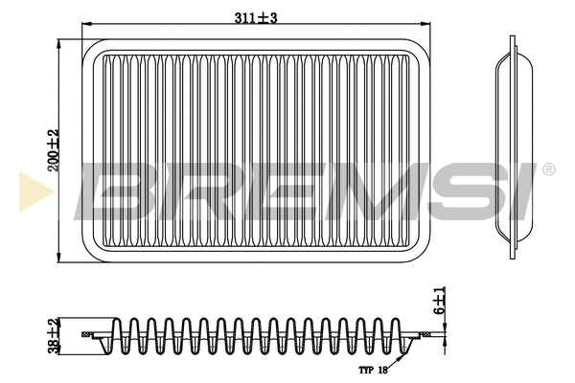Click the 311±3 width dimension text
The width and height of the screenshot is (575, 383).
click(x=256, y=17)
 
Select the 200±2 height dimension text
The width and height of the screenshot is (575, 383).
click(x=53, y=150)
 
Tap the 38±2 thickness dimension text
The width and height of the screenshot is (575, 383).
click(x=53, y=336)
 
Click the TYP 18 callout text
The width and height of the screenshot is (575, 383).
click(x=373, y=371)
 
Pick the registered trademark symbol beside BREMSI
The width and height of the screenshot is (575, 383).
click(x=548, y=169)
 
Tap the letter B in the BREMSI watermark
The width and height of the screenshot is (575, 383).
click(x=116, y=191)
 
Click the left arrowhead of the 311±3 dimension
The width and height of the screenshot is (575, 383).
click(x=86, y=24)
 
